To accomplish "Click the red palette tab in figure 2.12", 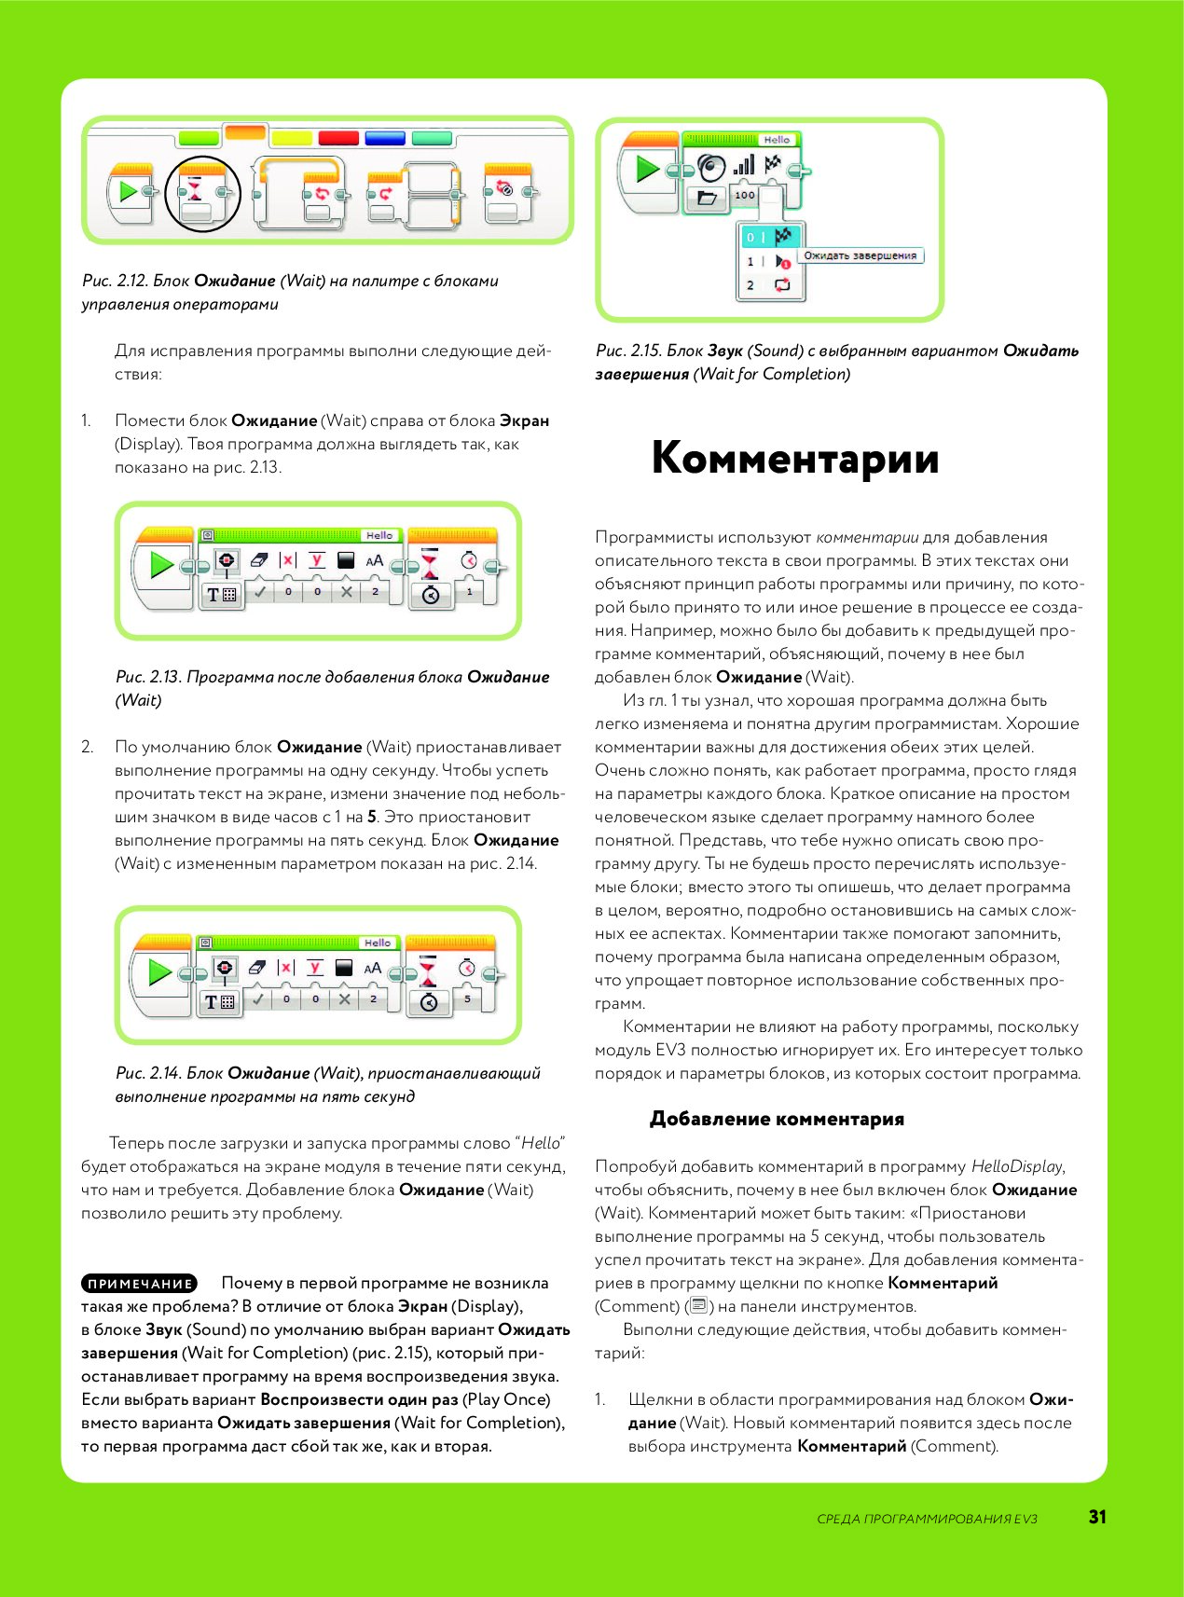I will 338,138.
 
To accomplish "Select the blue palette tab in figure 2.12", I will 385,138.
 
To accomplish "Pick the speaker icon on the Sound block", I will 711,168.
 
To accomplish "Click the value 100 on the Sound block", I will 744,196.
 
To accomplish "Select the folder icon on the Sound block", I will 707,197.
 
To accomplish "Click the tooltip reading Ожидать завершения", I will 860,255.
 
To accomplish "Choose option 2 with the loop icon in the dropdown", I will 768,285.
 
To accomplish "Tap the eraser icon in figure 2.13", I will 259,560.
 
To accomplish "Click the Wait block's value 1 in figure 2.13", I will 469,591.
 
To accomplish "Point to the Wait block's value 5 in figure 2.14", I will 467,998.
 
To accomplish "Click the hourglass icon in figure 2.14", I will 428,971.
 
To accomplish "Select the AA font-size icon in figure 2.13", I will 374,561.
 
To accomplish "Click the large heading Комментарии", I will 794,458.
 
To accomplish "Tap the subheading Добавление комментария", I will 777,1119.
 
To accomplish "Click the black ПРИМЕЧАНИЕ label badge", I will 140,1284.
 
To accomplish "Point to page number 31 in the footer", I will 1097,1518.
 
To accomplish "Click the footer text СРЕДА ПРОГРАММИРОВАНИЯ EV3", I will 927,1519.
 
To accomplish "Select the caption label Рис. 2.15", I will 629,351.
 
